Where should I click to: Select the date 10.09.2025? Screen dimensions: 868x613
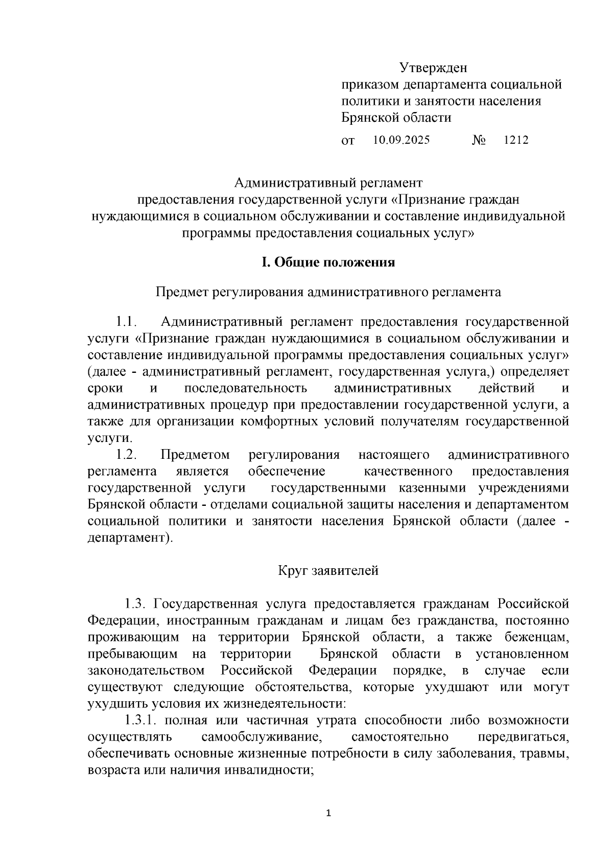pos(401,140)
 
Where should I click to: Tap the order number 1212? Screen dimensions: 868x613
pos(515,140)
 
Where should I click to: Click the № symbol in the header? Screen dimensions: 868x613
pos(478,140)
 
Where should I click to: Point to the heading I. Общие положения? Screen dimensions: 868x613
pos(328,262)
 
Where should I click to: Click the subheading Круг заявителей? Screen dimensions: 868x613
pos(328,570)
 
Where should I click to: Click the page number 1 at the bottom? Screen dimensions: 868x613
pos(328,814)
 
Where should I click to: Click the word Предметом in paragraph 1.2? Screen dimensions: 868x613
pos(195,455)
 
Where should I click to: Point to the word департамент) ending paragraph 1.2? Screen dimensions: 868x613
pos(130,538)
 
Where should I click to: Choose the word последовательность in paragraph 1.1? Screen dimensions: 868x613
pos(245,388)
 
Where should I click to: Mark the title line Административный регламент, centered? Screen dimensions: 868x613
pos(328,182)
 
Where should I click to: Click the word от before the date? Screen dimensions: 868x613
pos(347,140)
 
